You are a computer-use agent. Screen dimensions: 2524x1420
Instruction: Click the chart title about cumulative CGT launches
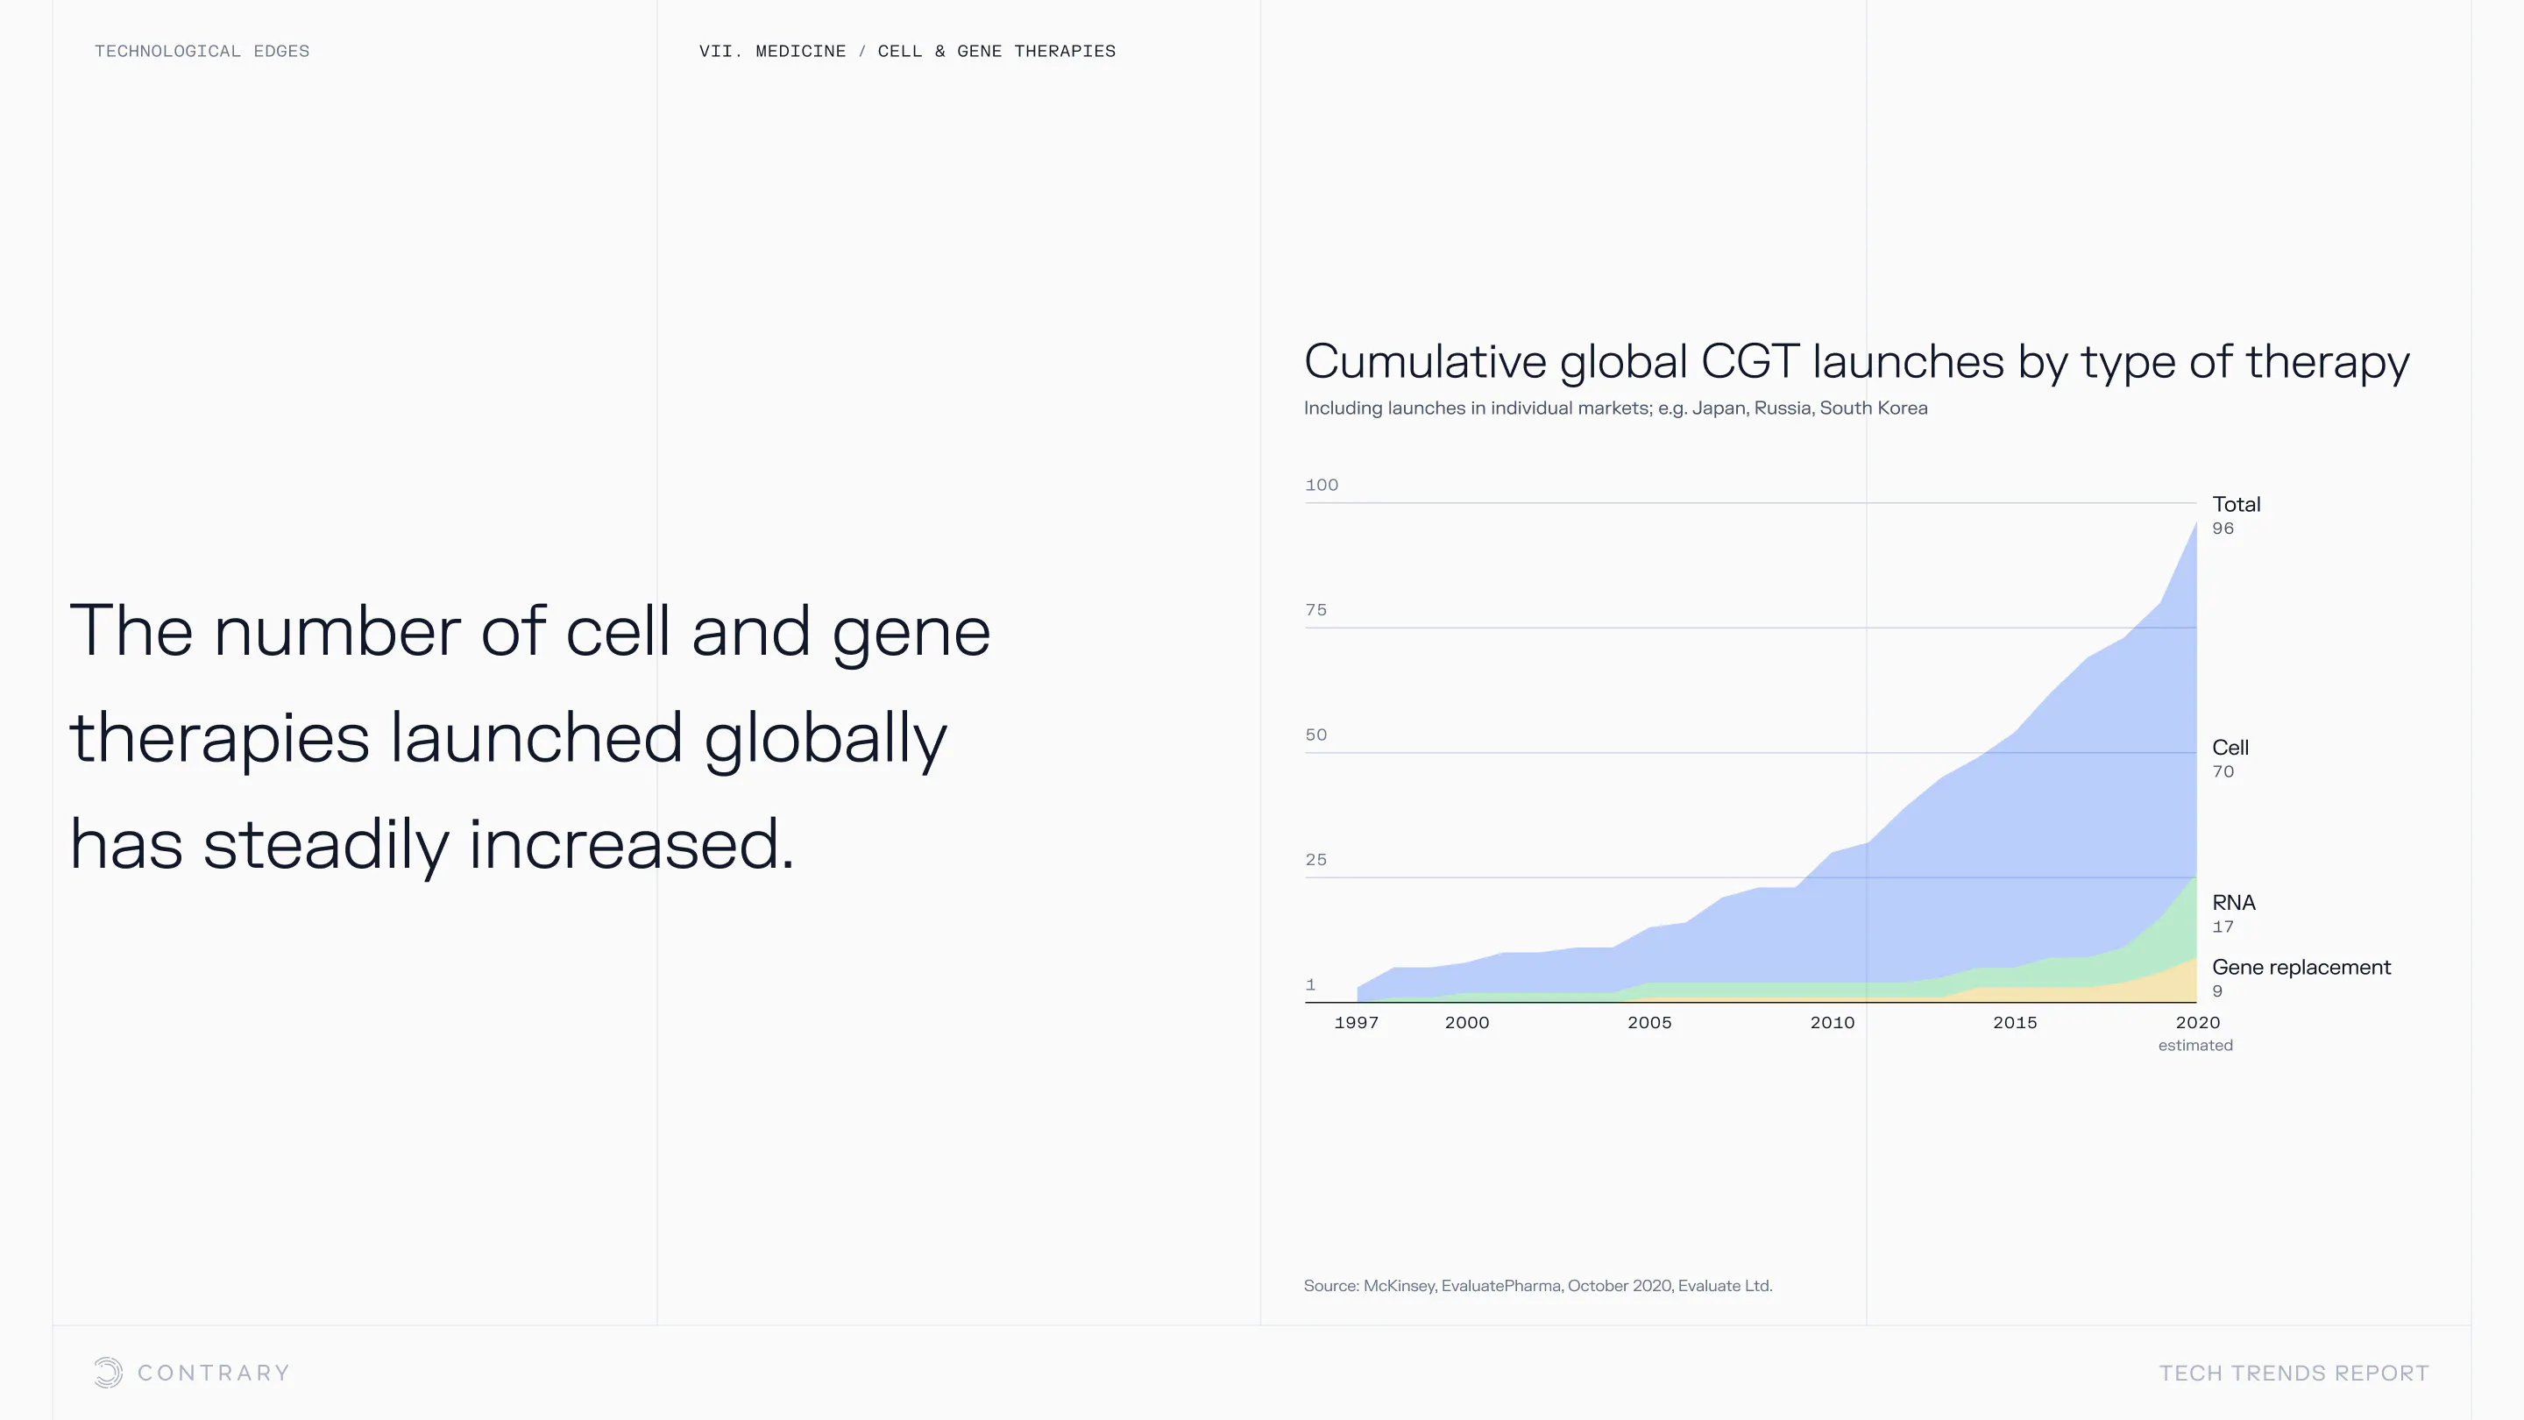(1856, 363)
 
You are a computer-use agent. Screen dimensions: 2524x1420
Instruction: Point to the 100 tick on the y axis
(1322, 485)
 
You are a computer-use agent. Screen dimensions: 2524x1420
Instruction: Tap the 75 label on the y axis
(1315, 609)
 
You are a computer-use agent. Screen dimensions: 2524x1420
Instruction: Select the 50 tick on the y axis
(1315, 735)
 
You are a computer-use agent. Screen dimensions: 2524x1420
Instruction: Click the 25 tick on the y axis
(1315, 859)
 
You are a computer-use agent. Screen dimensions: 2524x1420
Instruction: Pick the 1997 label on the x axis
(1356, 1022)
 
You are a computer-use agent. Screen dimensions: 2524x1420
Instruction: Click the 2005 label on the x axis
(1649, 1022)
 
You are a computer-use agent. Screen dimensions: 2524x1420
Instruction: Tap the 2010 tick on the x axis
(1833, 1022)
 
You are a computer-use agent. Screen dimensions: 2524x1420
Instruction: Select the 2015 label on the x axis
(2015, 1022)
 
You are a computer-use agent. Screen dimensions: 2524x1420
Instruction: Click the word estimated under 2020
(2195, 1046)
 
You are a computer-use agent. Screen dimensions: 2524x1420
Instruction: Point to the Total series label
(2236, 505)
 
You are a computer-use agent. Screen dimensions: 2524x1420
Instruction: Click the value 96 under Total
(2223, 529)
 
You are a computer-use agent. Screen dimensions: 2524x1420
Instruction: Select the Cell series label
(2230, 748)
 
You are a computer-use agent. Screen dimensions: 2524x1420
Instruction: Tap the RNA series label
(2234, 903)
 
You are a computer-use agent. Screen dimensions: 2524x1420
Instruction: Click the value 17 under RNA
(2223, 927)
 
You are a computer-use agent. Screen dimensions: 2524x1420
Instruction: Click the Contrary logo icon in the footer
(109, 1373)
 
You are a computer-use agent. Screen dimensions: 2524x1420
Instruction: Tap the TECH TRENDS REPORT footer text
(2294, 1373)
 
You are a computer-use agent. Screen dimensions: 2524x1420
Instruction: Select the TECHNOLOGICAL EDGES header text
(202, 51)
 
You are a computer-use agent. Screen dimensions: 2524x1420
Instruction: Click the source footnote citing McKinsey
(1538, 1286)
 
